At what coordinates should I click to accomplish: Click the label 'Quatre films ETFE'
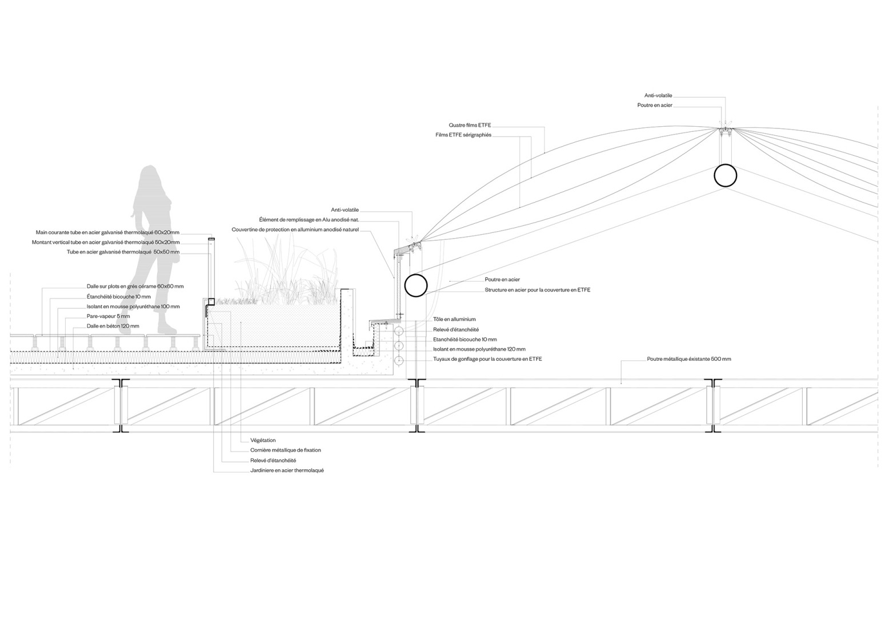pos(470,125)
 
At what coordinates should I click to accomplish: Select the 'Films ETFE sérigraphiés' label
pos(463,135)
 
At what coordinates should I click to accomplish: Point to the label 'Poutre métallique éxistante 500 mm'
pos(689,359)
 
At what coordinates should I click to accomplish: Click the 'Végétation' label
pos(263,440)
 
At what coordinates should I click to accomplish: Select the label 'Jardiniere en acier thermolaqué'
pos(287,470)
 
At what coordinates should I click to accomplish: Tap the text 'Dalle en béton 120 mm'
pos(113,327)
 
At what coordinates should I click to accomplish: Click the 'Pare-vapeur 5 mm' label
pos(109,316)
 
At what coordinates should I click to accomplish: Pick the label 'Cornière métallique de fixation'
pos(285,450)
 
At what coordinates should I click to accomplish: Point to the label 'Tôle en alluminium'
pos(454,319)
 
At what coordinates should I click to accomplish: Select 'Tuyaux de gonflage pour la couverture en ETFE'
pos(487,359)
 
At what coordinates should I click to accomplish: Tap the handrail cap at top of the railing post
pos(211,239)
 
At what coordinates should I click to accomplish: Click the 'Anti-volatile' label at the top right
pos(658,95)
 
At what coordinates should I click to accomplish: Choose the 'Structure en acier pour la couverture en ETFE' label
pos(538,290)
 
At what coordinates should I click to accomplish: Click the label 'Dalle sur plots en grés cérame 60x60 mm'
pos(135,287)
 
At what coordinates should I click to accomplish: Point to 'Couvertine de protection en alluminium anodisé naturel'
pos(295,230)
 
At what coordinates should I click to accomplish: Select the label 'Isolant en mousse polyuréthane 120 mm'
pos(479,349)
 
